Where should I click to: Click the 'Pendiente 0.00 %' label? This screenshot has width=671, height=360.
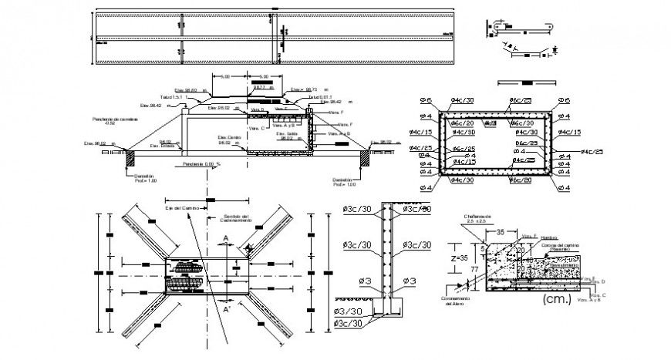pyautogui.click(x=201, y=163)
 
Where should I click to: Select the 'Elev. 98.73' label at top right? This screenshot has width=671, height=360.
pyautogui.click(x=305, y=89)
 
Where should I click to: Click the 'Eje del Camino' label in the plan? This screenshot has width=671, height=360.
pyautogui.click(x=182, y=208)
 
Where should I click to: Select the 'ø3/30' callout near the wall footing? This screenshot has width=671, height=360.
pyautogui.click(x=349, y=311)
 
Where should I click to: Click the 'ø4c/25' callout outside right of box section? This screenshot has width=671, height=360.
pyautogui.click(x=592, y=152)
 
